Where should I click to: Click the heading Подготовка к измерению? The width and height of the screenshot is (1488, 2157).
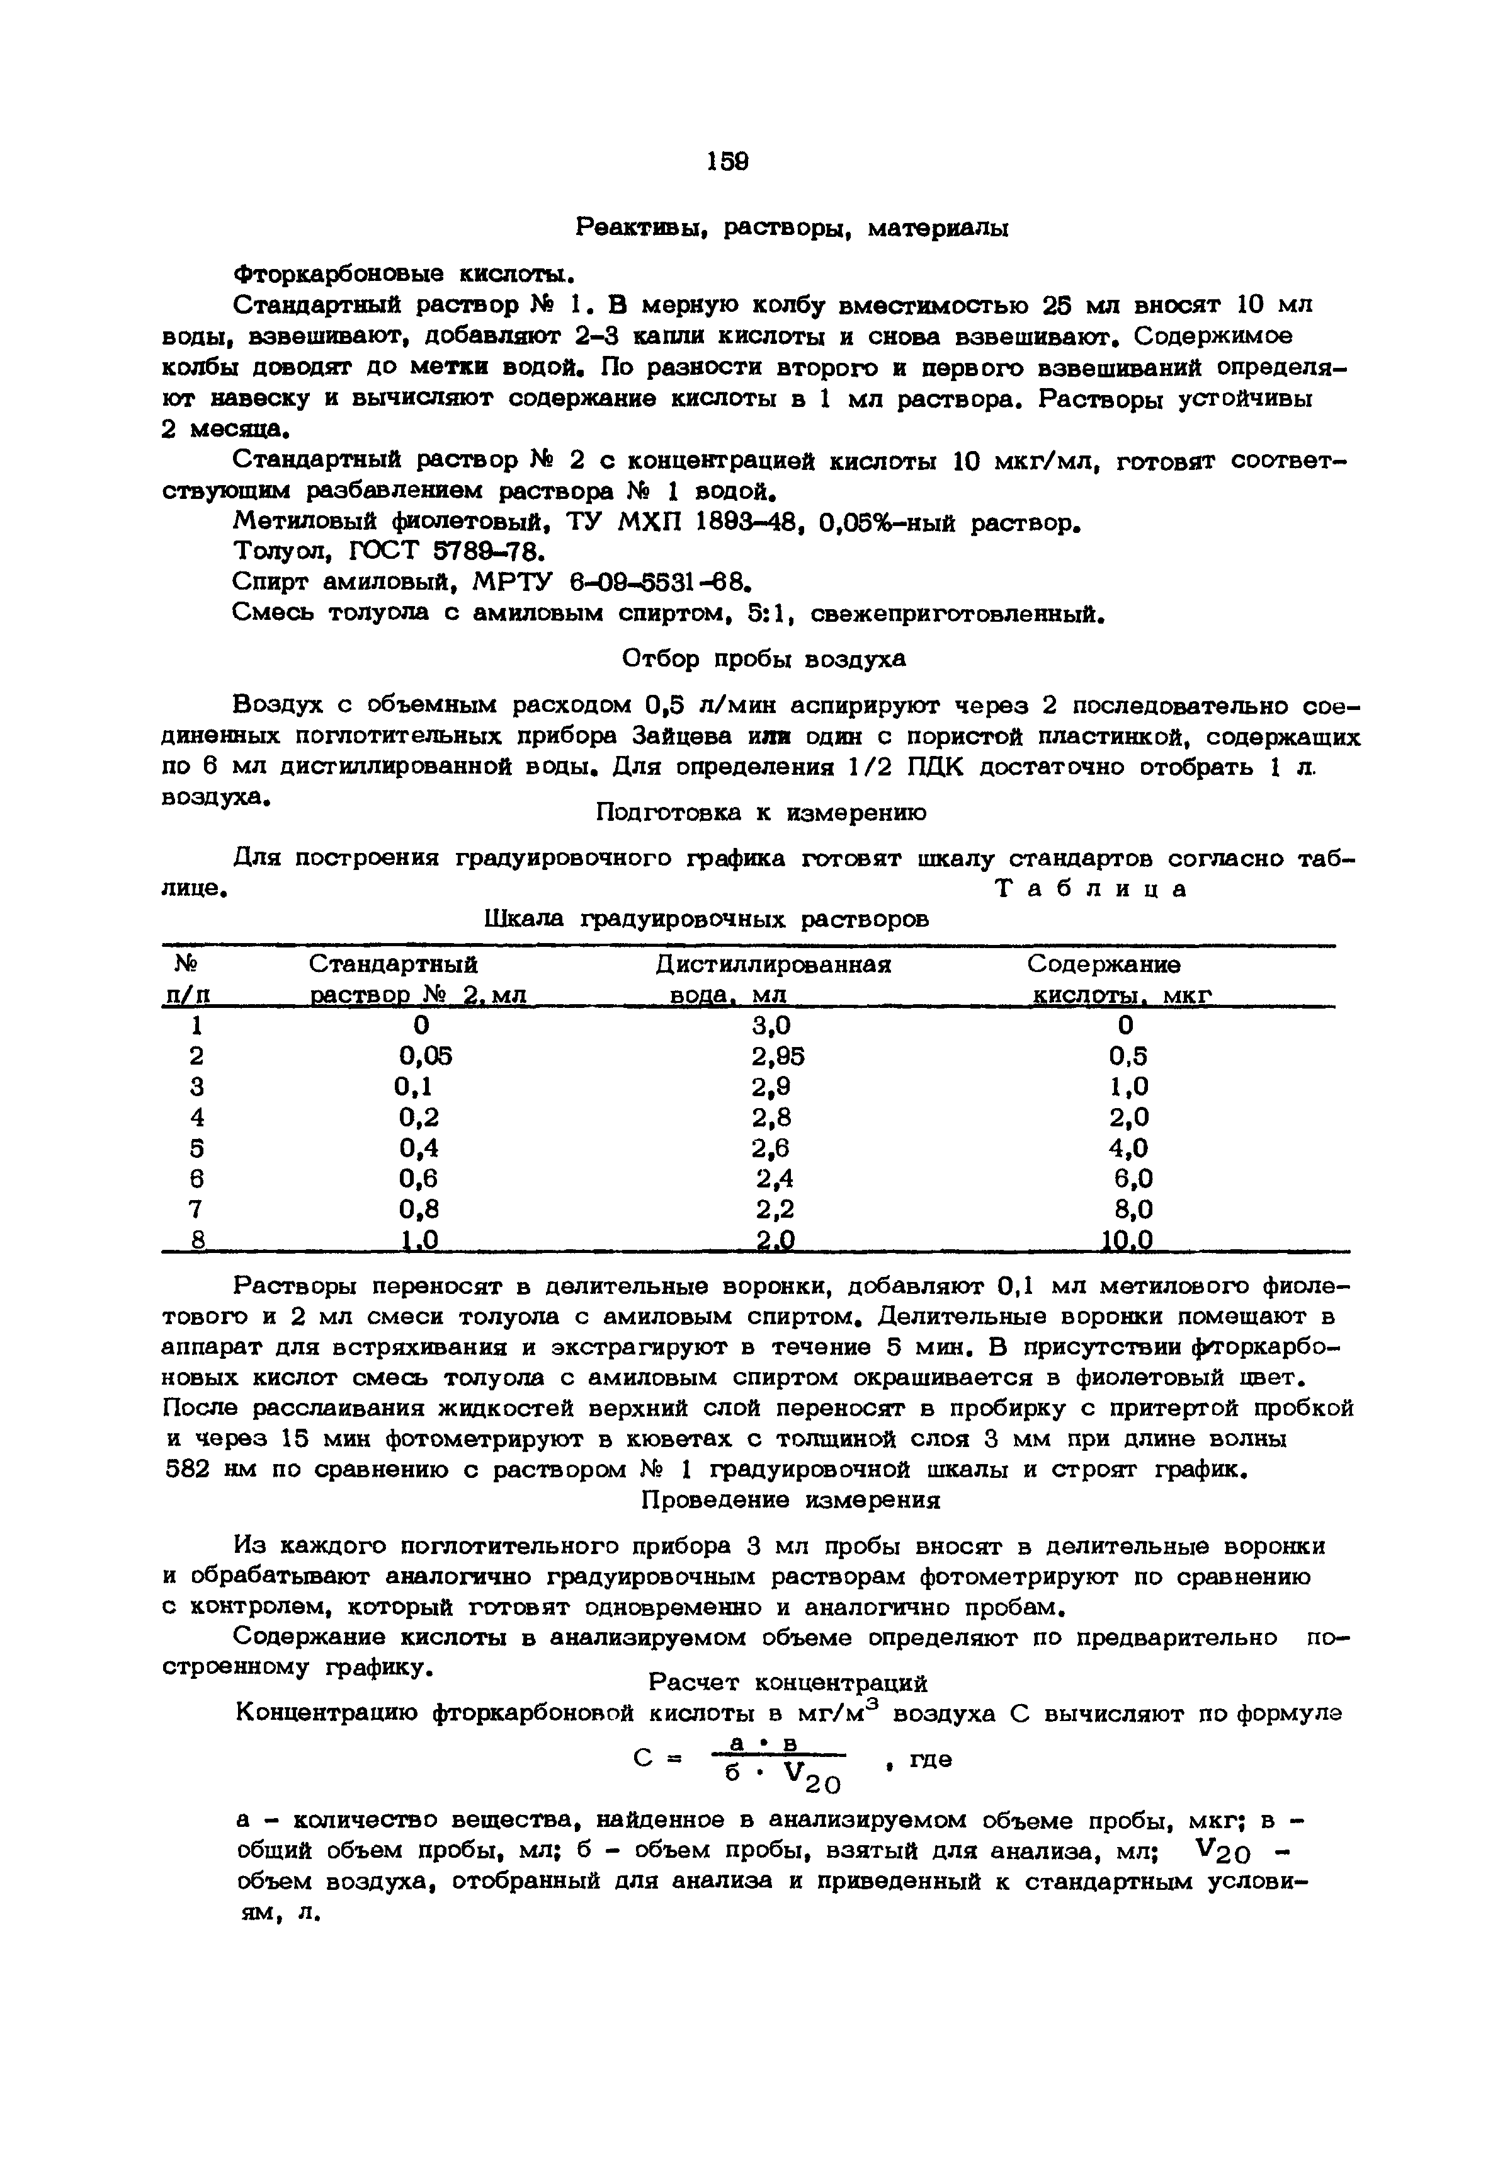click(761, 813)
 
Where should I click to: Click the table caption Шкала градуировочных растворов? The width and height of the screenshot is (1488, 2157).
click(708, 920)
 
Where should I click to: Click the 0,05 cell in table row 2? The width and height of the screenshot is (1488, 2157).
click(425, 1056)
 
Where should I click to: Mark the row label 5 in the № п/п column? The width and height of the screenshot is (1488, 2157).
click(196, 1148)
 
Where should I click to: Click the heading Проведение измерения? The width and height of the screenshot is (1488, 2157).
click(791, 1501)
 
